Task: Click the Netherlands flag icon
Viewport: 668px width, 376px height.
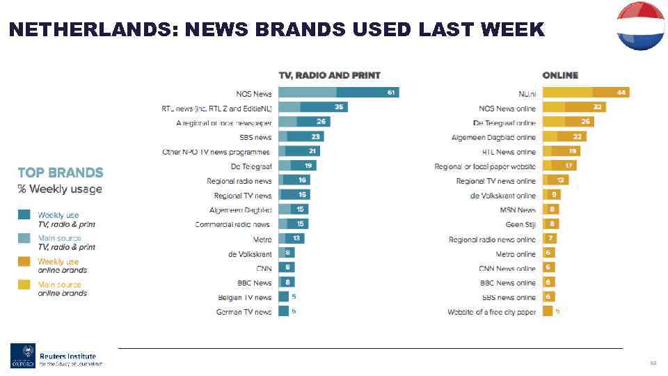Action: pos(641,26)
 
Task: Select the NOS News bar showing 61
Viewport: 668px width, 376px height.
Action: pos(339,93)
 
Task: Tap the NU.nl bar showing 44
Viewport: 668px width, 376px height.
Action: pos(585,93)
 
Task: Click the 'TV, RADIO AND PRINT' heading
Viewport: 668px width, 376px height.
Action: pos(329,75)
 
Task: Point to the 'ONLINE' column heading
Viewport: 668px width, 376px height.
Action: pos(560,75)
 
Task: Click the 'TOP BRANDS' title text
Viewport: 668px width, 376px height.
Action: pos(61,173)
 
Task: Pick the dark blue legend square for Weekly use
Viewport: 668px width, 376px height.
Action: pos(24,215)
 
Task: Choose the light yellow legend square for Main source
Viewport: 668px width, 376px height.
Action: pos(24,284)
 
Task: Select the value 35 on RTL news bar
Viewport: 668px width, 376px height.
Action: pos(338,107)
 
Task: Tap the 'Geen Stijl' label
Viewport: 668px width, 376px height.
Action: pos(520,225)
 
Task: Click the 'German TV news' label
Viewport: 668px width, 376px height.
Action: pos(244,312)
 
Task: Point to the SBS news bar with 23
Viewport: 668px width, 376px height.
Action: pos(301,137)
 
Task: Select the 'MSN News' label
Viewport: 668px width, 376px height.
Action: pos(518,210)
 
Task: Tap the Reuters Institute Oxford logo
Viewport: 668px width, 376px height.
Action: pos(56,355)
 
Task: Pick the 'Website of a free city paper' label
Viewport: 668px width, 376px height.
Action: pos(491,312)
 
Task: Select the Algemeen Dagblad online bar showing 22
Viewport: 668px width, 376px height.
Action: pos(564,137)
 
